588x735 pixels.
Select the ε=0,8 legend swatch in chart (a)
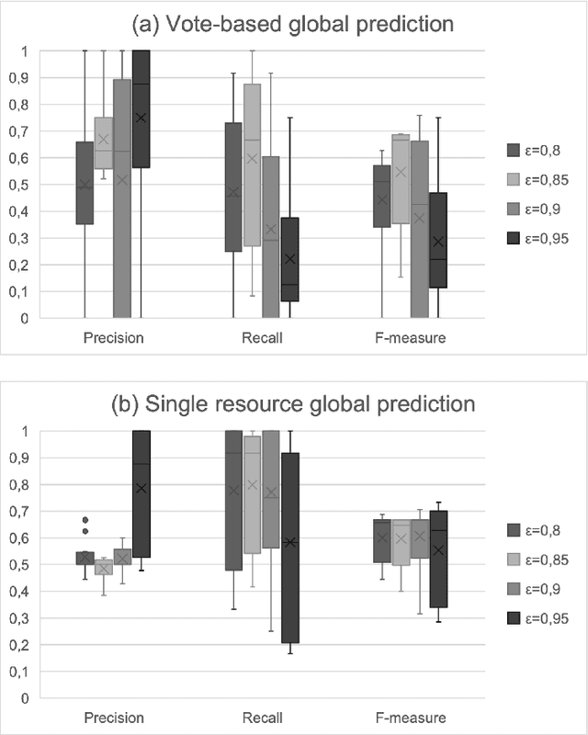coord(514,150)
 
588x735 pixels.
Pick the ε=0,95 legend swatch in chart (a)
coord(514,240)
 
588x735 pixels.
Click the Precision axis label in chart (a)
coord(112,337)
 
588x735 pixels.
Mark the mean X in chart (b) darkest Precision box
coord(141,488)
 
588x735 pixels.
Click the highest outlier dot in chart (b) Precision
coord(85,519)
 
